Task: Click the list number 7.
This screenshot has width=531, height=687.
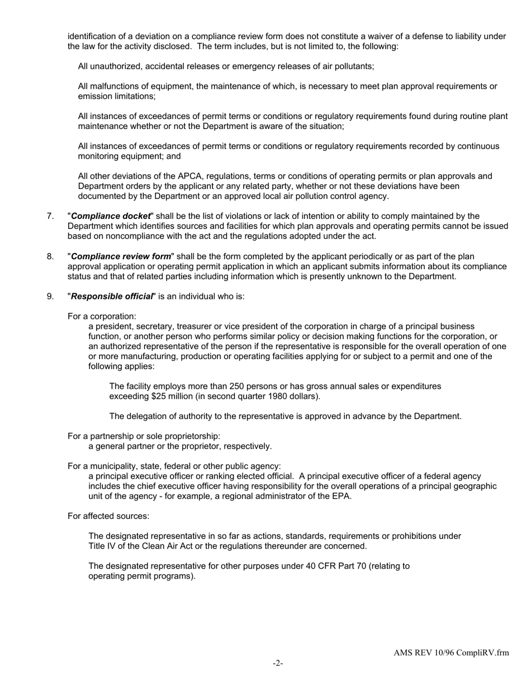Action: (x=50, y=216)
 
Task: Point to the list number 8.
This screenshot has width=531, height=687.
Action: (x=50, y=256)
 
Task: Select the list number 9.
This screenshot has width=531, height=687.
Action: (x=50, y=297)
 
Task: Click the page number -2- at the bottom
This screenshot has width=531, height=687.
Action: (x=278, y=663)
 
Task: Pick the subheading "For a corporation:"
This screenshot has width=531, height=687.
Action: (x=102, y=317)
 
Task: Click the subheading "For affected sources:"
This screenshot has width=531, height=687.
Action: (x=108, y=516)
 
